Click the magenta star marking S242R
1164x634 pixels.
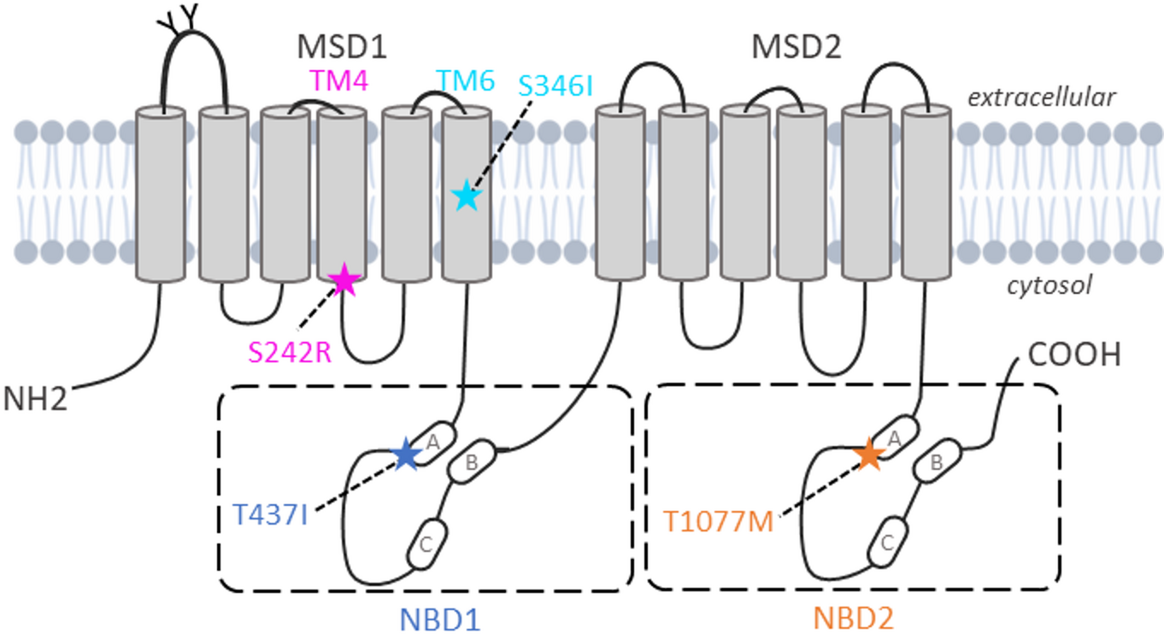[x=344, y=279]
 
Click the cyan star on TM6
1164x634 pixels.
[x=466, y=196]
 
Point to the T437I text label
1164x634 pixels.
[x=270, y=516]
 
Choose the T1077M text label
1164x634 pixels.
[x=719, y=520]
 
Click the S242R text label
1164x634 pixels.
[x=290, y=351]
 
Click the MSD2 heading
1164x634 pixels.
[x=797, y=47]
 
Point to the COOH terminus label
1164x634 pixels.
[x=1074, y=355]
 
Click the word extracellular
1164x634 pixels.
[x=1041, y=98]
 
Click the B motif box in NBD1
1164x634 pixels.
[x=471, y=462]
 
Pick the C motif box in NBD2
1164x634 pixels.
[x=887, y=542]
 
